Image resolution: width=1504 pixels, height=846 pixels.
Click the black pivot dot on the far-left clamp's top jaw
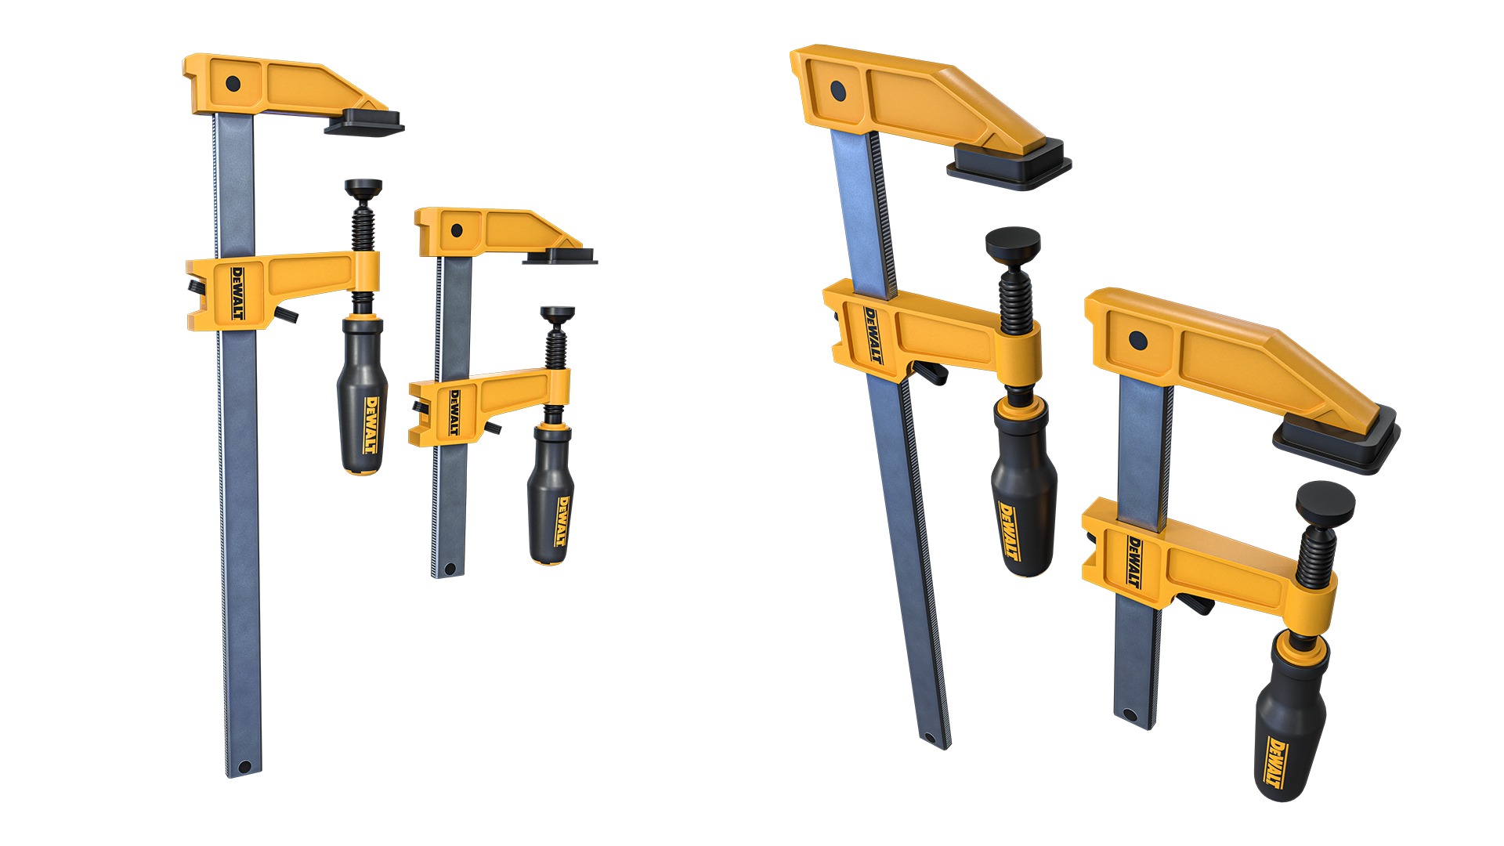pyautogui.click(x=232, y=82)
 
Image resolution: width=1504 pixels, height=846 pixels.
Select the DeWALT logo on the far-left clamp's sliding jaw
pyautogui.click(x=237, y=293)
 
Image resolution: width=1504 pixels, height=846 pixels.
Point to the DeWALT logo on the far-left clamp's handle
pyautogui.click(x=371, y=425)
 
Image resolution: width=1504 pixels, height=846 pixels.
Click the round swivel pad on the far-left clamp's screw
pyautogui.click(x=363, y=188)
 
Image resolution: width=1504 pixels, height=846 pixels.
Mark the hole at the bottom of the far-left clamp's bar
pyautogui.click(x=243, y=766)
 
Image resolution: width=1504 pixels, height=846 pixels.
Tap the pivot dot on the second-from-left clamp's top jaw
pyautogui.click(x=456, y=230)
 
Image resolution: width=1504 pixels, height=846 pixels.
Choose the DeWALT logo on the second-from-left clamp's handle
pyautogui.click(x=562, y=521)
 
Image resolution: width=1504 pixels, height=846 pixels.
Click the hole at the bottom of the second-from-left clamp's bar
pyautogui.click(x=450, y=567)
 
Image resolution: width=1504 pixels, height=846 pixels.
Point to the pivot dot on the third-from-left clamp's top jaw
pyautogui.click(x=837, y=91)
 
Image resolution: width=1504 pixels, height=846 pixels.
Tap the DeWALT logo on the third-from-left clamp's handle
pyautogui.click(x=1011, y=531)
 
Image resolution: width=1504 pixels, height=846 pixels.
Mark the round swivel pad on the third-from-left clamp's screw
pyautogui.click(x=1012, y=242)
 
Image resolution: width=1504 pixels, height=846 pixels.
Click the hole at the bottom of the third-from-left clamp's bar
pyautogui.click(x=930, y=737)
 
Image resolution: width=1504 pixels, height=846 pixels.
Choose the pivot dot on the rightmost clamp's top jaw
pyautogui.click(x=1137, y=341)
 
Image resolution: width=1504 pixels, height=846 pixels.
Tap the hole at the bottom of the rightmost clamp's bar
pyautogui.click(x=1129, y=715)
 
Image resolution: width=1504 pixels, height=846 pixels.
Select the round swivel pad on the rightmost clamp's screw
pyautogui.click(x=1325, y=499)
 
